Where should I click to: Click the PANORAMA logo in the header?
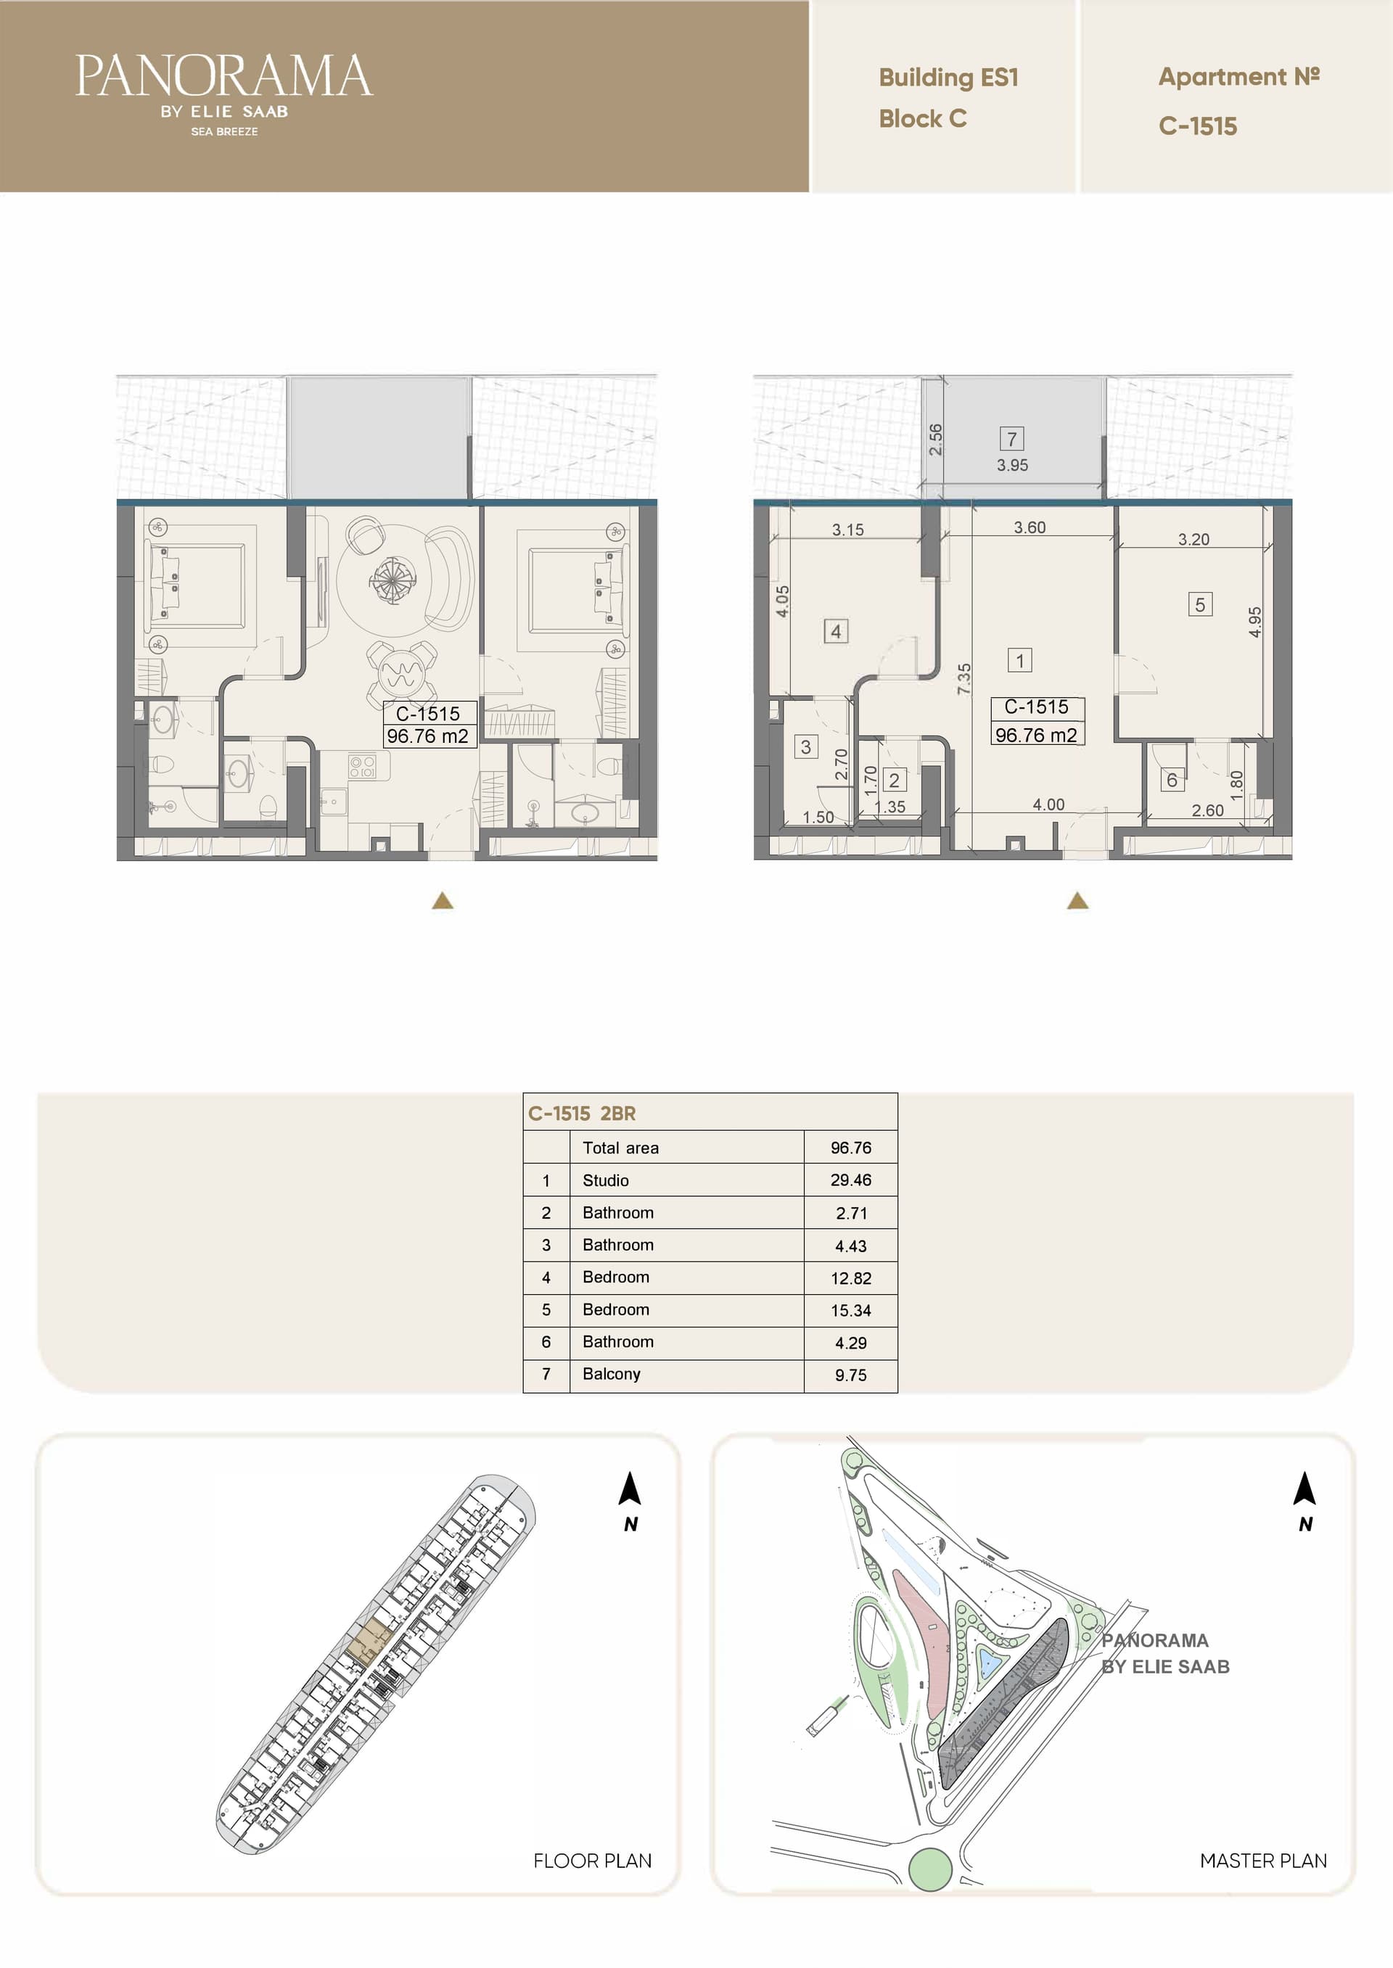[x=224, y=94]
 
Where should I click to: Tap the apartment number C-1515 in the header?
[x=1197, y=126]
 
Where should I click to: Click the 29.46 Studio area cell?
[x=850, y=1180]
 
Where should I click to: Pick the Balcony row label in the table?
[x=611, y=1374]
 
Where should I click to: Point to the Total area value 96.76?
[x=850, y=1148]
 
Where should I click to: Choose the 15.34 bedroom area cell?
[x=850, y=1310]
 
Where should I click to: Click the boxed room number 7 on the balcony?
[x=1012, y=439]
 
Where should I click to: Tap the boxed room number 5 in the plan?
[x=1200, y=604]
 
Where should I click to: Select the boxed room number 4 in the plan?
[x=836, y=631]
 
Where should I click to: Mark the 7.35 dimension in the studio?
[x=964, y=678]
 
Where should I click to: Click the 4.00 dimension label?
[x=1048, y=804]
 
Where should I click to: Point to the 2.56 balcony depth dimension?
[x=936, y=439]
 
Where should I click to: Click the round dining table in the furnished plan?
[x=400, y=672]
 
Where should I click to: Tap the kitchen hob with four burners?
[x=362, y=766]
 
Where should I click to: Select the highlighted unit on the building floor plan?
[x=370, y=1644]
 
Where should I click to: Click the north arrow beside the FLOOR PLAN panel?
[x=630, y=1489]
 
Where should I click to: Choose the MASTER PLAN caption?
[x=1262, y=1860]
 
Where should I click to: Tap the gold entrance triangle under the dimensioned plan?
[x=1077, y=899]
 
